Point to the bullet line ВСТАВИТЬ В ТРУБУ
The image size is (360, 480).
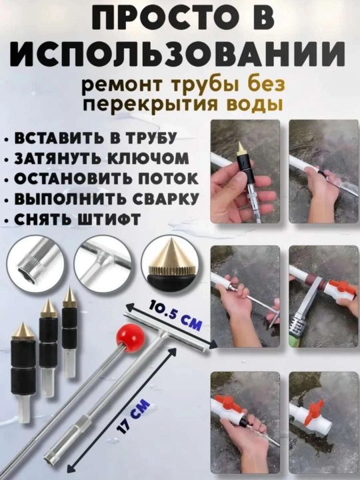coord(92,139)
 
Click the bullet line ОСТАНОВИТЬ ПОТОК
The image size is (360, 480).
coord(103,179)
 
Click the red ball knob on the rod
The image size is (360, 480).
coord(130,335)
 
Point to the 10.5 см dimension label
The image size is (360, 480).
coord(176,315)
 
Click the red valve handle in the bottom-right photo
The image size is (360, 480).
coord(315,408)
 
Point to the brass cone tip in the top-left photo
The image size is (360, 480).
coord(241,148)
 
